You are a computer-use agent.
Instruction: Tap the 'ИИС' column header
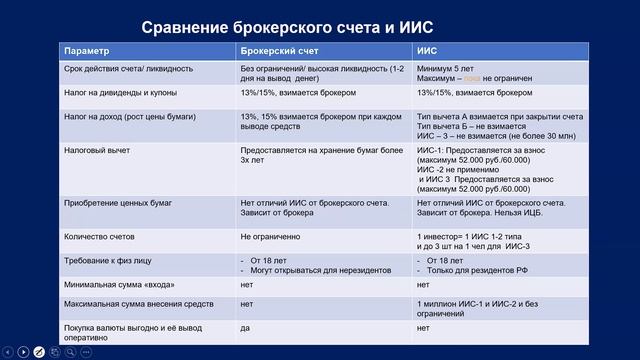pyautogui.click(x=426, y=50)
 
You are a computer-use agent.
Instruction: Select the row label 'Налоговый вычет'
pyautogui.click(x=93, y=148)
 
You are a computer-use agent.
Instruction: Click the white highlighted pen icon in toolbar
pyautogui.click(x=38, y=352)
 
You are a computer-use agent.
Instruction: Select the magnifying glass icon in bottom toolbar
pyautogui.click(x=70, y=352)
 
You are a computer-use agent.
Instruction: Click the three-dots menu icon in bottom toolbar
pyautogui.click(x=86, y=352)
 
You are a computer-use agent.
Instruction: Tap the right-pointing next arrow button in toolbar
pyautogui.click(x=22, y=352)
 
